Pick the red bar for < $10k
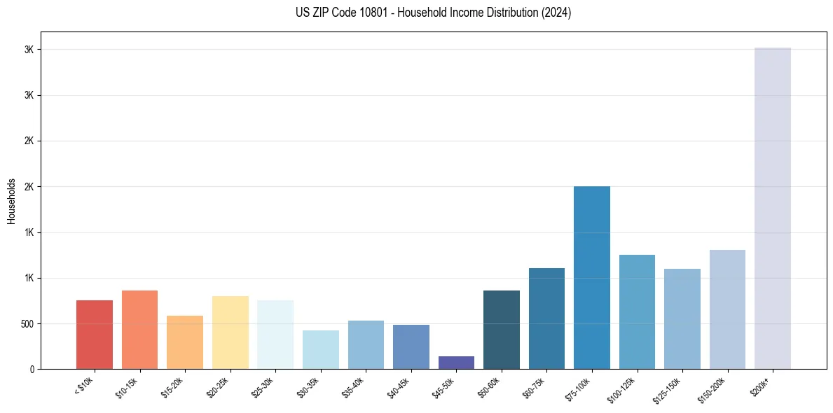(95, 335)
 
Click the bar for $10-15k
(139, 330)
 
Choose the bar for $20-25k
(230, 332)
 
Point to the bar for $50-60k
(501, 330)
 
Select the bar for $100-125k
(637, 312)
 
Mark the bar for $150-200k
(727, 309)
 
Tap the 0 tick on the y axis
(31, 370)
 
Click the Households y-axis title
(11, 200)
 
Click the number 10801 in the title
(354, 13)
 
